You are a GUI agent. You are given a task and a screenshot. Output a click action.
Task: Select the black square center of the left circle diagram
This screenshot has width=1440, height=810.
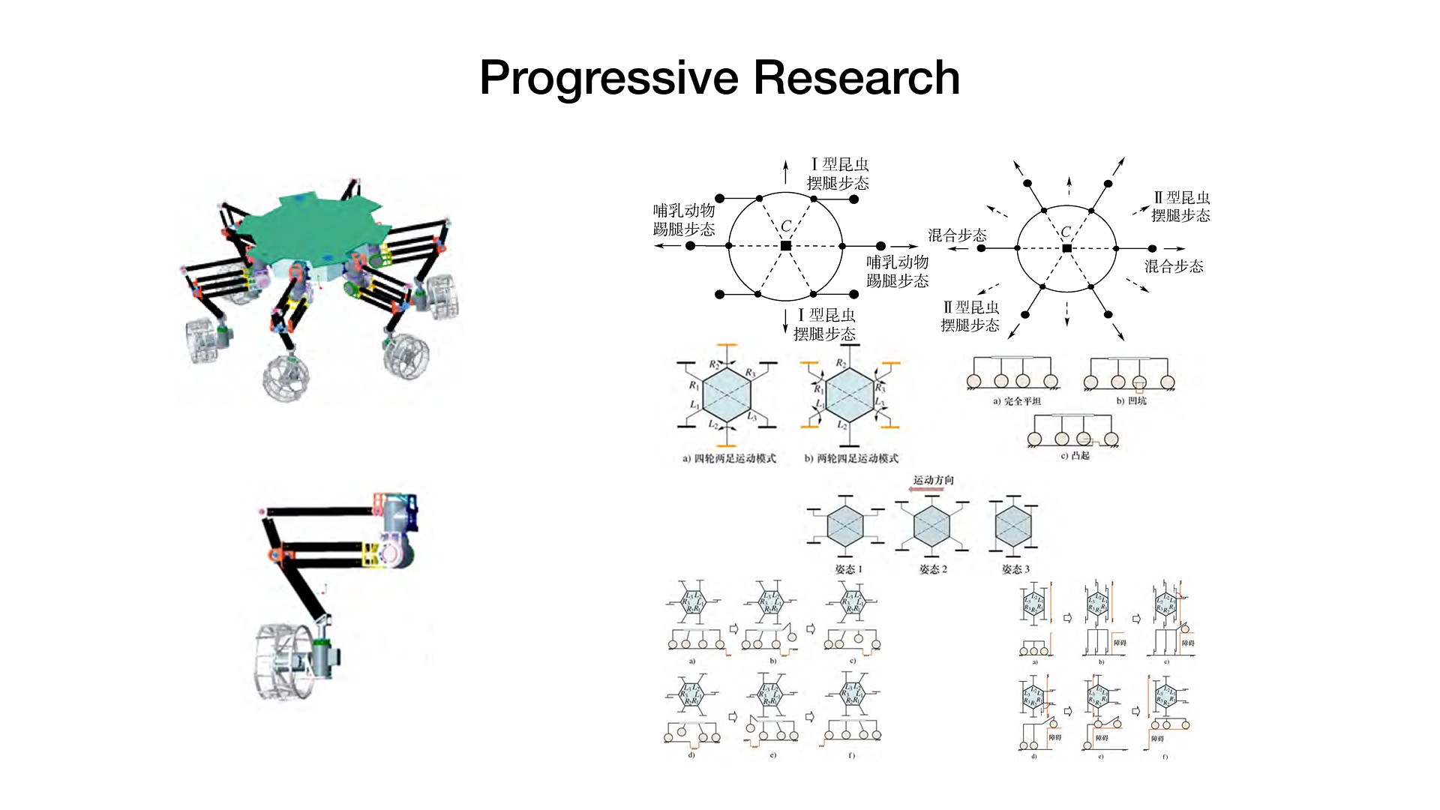coord(785,246)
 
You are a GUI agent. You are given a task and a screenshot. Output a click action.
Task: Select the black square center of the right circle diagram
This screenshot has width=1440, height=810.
coord(1066,248)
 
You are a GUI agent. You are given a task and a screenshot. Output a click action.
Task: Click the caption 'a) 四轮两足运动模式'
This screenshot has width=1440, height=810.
coord(729,458)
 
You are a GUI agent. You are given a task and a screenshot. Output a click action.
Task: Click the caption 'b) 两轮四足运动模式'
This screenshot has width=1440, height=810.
coord(851,458)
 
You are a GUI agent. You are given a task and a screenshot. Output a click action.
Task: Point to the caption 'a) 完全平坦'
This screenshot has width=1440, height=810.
coord(1017,401)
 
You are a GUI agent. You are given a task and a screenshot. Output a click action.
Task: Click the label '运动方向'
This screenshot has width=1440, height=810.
coord(933,480)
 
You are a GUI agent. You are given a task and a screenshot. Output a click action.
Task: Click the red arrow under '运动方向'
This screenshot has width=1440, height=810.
coord(930,490)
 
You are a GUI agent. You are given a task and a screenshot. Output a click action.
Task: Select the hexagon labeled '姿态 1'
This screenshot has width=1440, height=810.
coord(845,525)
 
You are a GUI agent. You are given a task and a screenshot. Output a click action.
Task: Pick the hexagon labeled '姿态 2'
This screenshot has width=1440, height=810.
coord(932,526)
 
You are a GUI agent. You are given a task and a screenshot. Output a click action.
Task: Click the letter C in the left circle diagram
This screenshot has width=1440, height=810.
coord(786,226)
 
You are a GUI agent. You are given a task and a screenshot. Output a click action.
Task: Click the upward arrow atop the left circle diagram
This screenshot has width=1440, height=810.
coord(785,171)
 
